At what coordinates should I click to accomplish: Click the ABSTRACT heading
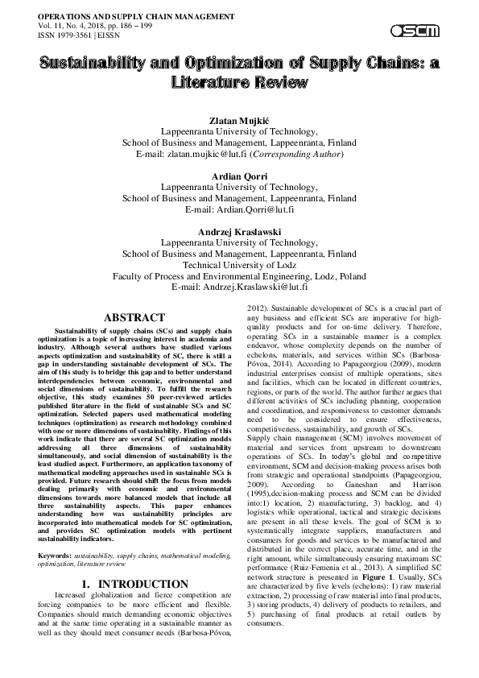tap(134, 318)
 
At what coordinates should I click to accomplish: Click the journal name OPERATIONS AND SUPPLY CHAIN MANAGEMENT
tap(125, 16)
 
